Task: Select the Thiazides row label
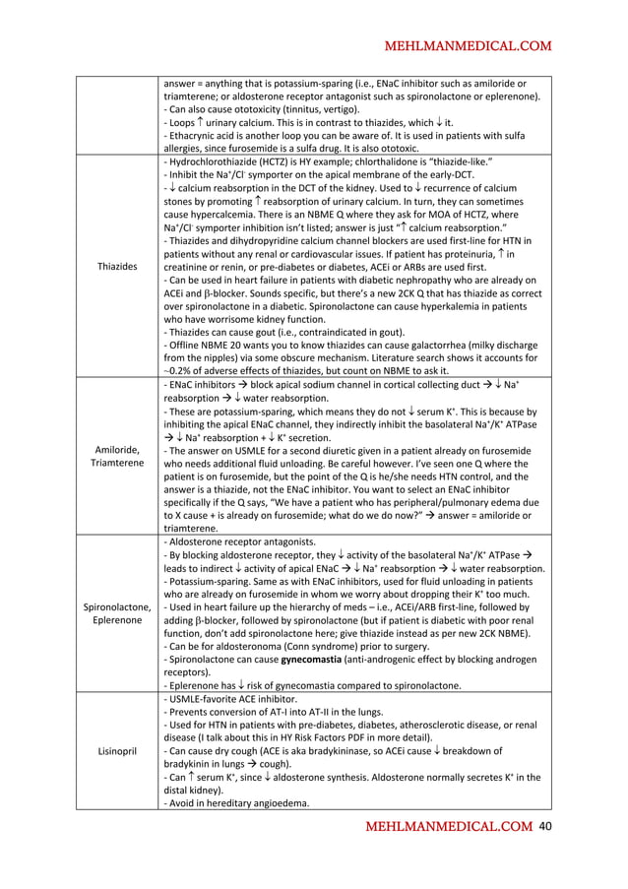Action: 117,265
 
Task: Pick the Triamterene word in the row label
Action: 117,462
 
